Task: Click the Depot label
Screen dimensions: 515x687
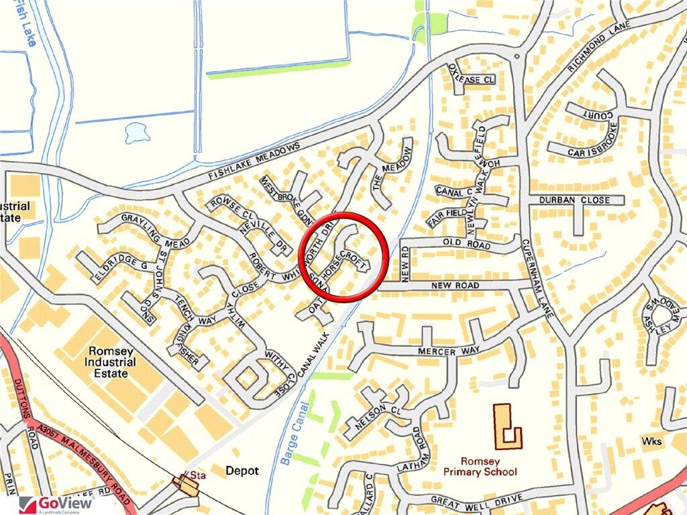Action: (x=242, y=471)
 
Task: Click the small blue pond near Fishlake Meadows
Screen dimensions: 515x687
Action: (x=135, y=133)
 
